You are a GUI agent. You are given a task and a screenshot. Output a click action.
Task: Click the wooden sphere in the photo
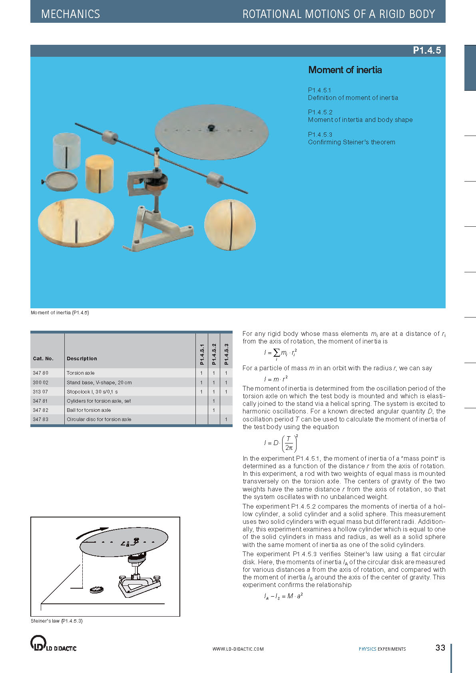pos(229,225)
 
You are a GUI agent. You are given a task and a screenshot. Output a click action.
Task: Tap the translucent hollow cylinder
pos(67,151)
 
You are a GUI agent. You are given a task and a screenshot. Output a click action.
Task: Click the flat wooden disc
pos(76,222)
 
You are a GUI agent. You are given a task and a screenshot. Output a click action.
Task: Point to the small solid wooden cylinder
pos(100,174)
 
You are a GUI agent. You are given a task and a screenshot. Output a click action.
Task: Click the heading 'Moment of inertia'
pos(345,70)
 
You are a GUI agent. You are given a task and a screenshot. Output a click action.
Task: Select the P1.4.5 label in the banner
pos(426,50)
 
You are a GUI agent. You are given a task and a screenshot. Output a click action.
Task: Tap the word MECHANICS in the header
pos(71,14)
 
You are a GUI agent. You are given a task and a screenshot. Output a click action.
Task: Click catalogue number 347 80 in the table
pos(40,373)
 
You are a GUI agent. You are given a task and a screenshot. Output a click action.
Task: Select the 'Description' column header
pos(82,358)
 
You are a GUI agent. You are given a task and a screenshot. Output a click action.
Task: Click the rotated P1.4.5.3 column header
pos(226,354)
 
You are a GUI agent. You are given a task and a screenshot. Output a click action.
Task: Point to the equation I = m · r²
pos(276,378)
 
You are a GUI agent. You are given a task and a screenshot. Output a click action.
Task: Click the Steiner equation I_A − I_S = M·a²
pos(283,596)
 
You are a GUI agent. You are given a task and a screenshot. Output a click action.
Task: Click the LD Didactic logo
pos(53,643)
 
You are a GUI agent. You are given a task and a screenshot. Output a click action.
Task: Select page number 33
pos(440,647)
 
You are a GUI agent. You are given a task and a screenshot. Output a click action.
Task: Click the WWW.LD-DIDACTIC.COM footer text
pos(238,649)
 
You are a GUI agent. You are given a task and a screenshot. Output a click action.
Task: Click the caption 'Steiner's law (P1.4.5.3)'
pos(57,621)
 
